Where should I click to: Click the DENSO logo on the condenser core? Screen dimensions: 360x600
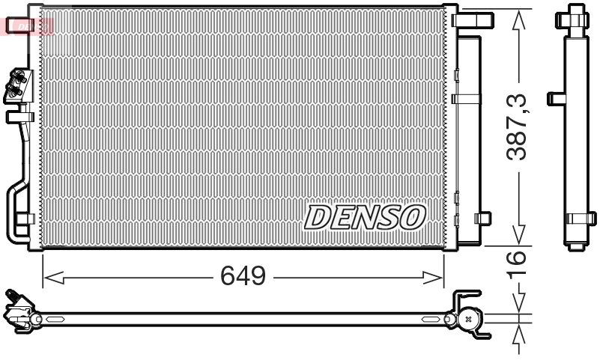365,217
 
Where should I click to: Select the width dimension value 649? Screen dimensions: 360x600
243,277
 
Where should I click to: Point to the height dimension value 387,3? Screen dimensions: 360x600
517,126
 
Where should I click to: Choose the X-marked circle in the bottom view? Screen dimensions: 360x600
469,319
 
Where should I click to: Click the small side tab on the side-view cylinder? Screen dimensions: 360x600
554,98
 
